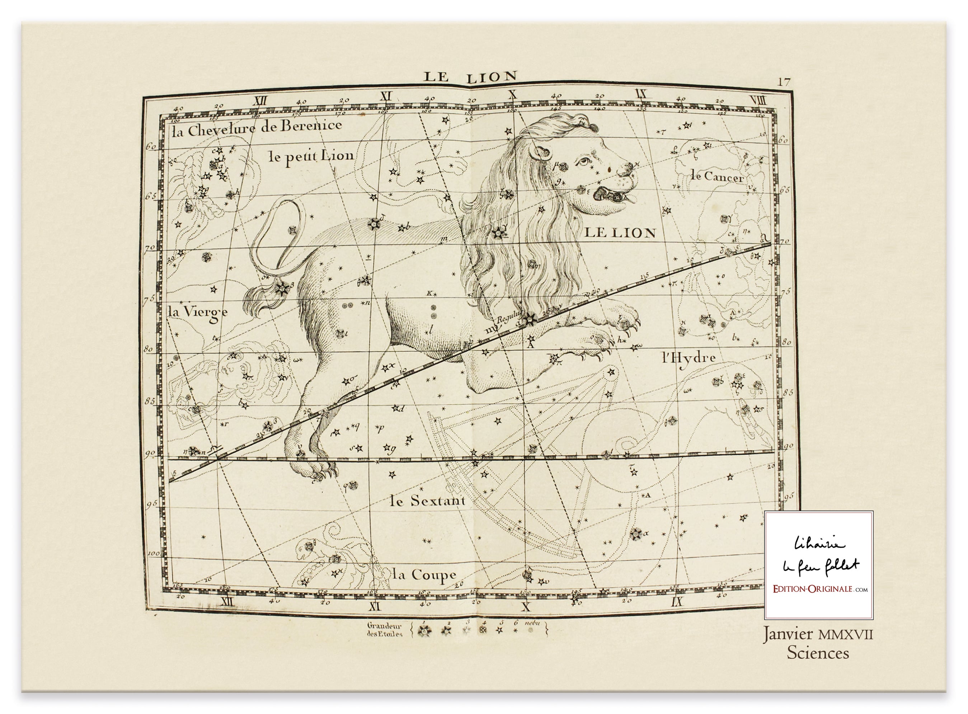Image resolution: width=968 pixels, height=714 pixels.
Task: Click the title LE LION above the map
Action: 470,77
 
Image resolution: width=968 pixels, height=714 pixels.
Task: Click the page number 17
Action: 784,82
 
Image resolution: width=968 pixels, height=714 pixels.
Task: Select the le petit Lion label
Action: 311,156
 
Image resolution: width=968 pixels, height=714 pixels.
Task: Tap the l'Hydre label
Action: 689,357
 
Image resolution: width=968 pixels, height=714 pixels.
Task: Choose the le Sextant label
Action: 427,501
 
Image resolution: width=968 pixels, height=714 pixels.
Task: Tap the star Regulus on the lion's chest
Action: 528,319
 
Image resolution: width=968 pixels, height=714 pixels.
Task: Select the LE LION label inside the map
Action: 620,233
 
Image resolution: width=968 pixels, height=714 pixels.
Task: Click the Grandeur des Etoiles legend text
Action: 384,630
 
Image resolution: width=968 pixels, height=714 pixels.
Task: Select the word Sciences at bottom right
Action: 818,653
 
